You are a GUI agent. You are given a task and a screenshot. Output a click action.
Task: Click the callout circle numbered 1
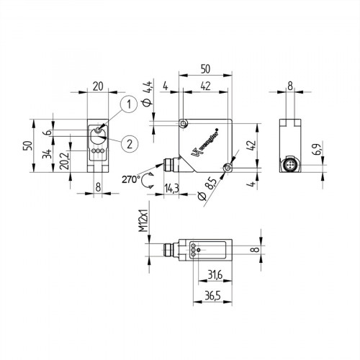coord(127,105)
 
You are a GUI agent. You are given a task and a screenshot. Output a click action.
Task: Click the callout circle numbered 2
coord(127,142)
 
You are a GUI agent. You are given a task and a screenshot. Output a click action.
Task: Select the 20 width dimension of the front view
coord(98,86)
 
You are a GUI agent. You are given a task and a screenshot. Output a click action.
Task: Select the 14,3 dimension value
coord(171,189)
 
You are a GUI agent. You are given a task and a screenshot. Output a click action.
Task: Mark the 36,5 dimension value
coord(211,295)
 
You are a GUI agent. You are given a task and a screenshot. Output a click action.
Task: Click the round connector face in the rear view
coord(290,167)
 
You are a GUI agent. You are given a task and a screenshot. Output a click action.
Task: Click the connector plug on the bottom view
coord(170,250)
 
